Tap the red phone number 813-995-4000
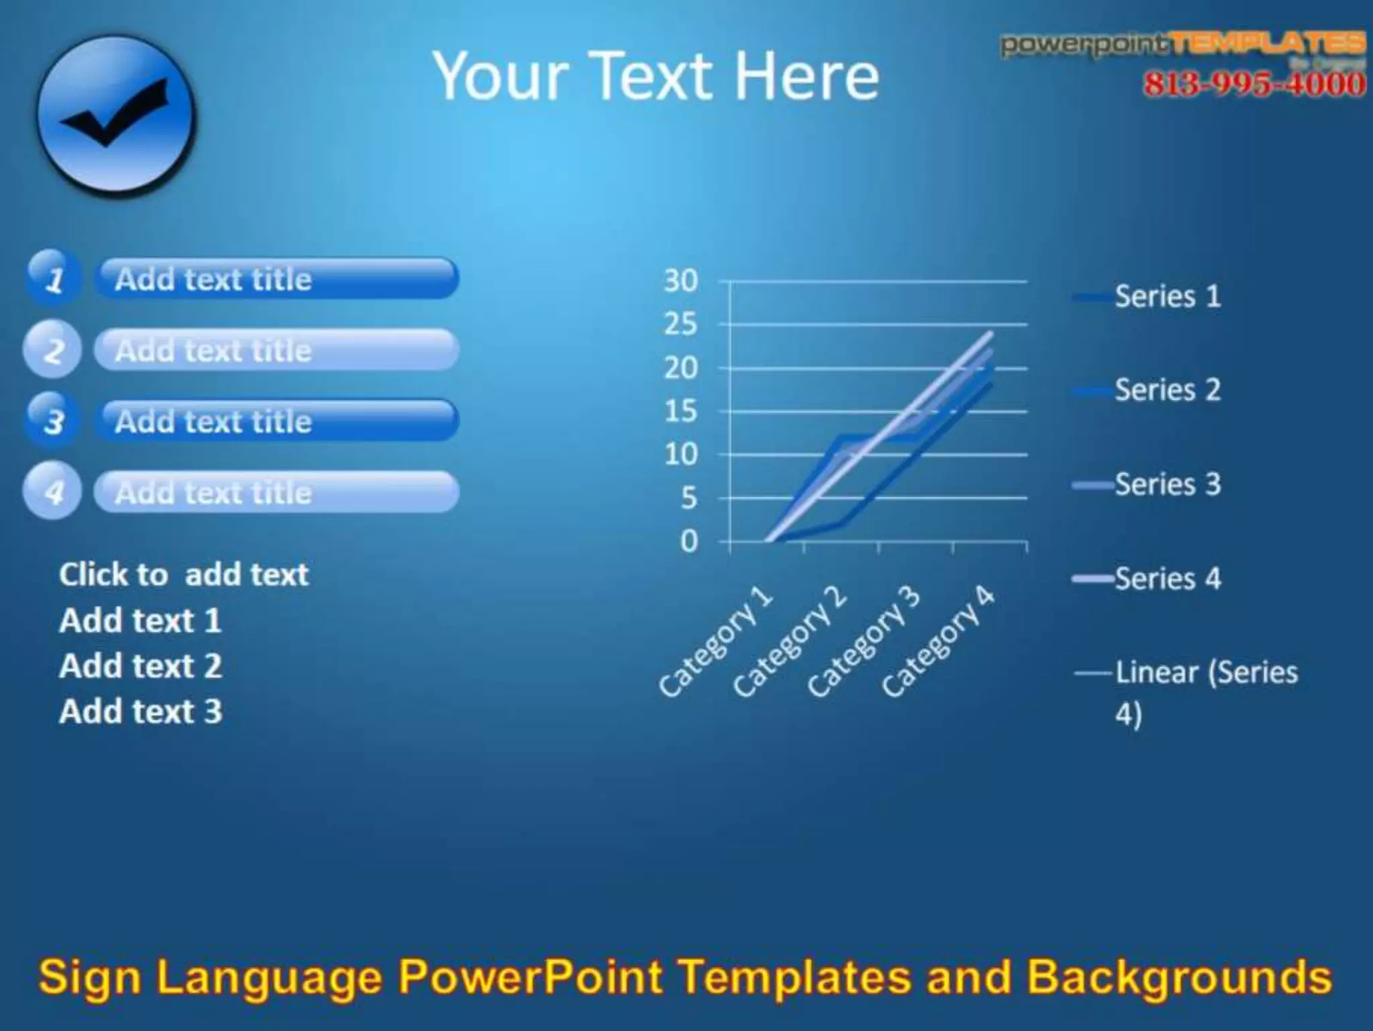pos(1254,85)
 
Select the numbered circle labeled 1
pos(53,278)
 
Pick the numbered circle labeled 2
pos(52,349)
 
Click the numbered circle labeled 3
pos(53,421)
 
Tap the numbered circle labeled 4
pos(52,492)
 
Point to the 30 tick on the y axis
pos(680,281)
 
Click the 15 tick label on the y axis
pos(680,411)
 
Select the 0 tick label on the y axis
pos(689,541)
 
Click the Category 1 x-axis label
pos(715,641)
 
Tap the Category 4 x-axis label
pos(938,641)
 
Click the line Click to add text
pos(184,575)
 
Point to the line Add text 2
pos(140,666)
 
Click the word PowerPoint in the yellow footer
pos(530,977)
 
